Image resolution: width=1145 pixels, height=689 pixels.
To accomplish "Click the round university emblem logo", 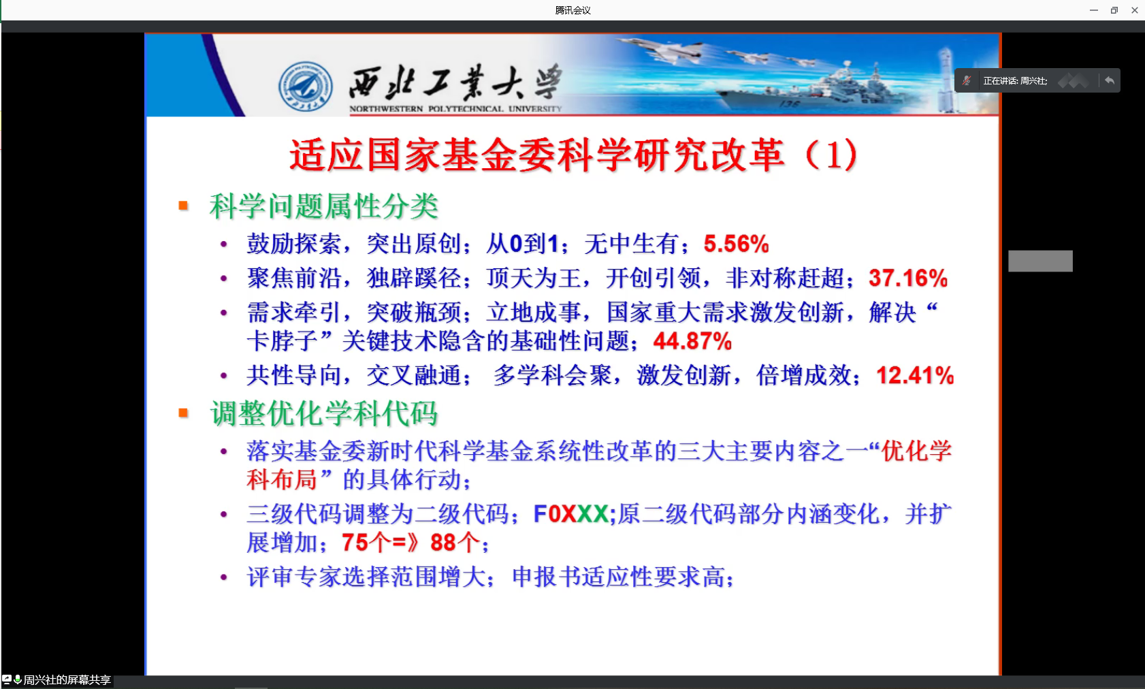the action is coord(306,86).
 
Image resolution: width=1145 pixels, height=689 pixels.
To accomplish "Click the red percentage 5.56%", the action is coord(736,244).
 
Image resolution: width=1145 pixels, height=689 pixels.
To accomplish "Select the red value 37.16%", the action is coord(908,278).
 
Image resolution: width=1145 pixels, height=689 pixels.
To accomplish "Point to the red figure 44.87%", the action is coord(692,341).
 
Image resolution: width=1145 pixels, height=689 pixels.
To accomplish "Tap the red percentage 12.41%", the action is coord(915,375).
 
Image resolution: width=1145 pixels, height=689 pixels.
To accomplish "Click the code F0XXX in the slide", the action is coord(570,513).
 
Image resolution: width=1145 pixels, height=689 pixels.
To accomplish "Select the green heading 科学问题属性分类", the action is coord(324,206).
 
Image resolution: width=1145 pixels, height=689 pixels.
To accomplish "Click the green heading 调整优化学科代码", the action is coord(324,413).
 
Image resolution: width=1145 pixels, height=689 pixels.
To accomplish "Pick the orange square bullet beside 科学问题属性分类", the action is coord(183,206).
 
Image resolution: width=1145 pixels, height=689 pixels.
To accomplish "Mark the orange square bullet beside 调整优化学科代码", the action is coord(183,413).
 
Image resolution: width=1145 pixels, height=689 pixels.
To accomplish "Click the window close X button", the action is coord(1134,10).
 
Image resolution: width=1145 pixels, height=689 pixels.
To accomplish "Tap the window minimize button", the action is coord(1094,10).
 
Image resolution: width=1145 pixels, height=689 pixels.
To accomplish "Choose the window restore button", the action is coord(1114,10).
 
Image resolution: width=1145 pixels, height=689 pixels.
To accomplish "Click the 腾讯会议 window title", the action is coord(572,10).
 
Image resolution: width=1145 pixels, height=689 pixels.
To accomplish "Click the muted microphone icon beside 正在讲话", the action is coord(967,80).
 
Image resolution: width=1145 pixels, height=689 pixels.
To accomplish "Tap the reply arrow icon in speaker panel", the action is coord(1109,80).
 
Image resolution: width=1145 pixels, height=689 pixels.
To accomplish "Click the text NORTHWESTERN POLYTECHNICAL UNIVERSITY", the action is coord(455,109).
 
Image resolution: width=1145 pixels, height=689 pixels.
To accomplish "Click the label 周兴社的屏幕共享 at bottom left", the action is coord(67,679).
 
